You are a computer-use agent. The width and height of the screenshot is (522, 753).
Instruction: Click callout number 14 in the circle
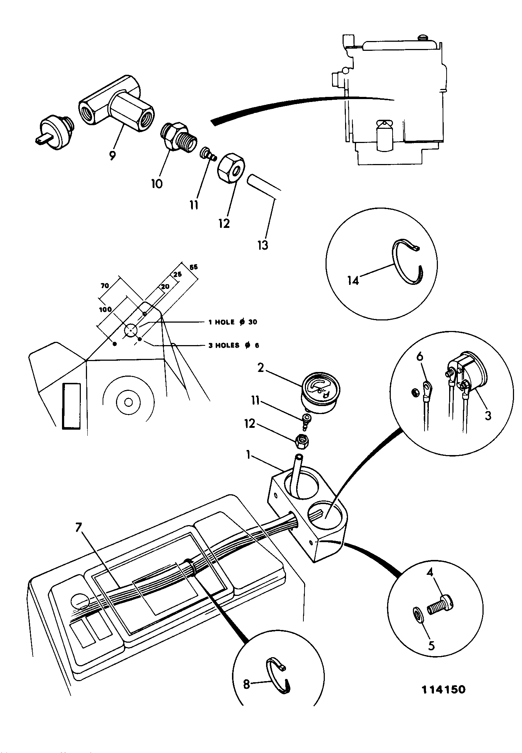(353, 280)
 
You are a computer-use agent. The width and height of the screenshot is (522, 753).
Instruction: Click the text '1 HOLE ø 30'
(232, 322)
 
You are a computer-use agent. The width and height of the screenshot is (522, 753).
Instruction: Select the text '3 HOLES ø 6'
(234, 345)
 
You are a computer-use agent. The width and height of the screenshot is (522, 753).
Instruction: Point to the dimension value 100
(105, 309)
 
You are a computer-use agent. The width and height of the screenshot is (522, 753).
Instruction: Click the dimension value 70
(105, 286)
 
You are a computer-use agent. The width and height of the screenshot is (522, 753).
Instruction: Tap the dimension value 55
(194, 267)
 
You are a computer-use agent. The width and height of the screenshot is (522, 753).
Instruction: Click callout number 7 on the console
(78, 528)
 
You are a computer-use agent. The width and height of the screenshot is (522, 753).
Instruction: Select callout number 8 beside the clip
(246, 684)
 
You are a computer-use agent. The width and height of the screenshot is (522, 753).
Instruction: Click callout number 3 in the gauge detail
(488, 415)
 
